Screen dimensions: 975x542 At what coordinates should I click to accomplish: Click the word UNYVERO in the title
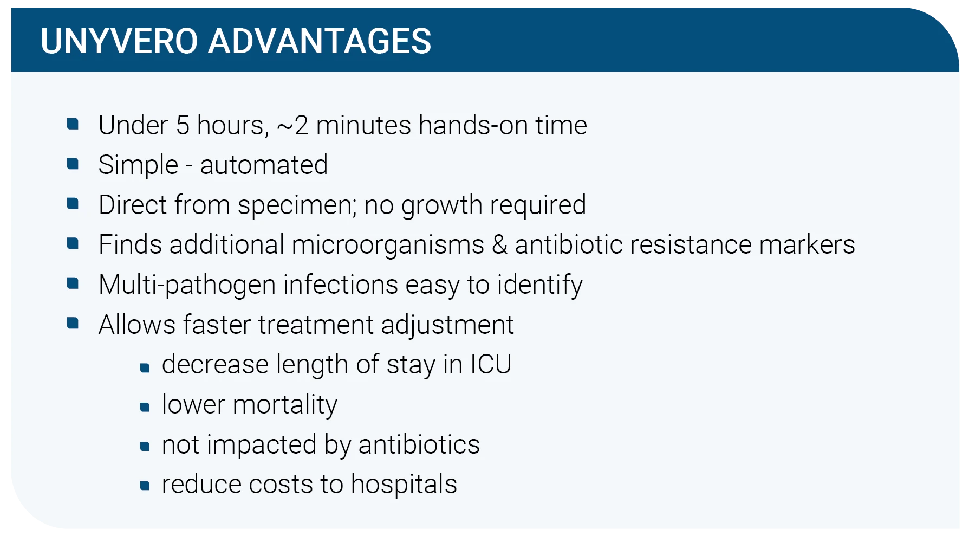(x=119, y=41)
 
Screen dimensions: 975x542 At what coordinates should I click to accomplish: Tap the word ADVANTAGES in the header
(x=320, y=41)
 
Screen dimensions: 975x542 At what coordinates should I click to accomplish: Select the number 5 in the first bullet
(x=183, y=125)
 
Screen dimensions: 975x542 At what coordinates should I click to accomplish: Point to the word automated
(x=264, y=165)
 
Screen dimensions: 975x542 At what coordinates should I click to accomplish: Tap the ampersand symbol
(x=499, y=245)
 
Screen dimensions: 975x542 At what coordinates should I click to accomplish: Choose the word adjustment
(x=447, y=325)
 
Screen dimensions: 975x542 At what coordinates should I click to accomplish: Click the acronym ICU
(x=491, y=364)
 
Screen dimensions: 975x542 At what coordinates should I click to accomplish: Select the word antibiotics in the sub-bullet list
(x=419, y=444)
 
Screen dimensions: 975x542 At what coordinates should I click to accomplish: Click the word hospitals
(x=404, y=484)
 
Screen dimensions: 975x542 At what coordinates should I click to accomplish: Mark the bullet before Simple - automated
(x=73, y=164)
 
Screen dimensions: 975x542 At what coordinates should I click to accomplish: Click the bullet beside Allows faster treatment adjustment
(x=73, y=324)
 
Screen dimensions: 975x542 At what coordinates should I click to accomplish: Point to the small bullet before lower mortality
(x=145, y=407)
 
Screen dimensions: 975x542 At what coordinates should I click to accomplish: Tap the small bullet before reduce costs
(x=145, y=486)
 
